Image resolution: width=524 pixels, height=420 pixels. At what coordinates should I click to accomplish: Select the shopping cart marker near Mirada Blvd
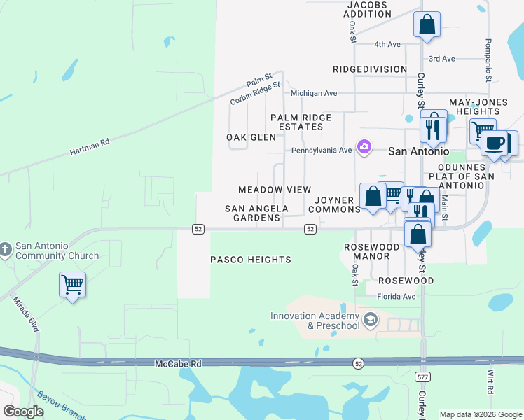73,285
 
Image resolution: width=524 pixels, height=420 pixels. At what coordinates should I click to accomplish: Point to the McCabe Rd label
177,364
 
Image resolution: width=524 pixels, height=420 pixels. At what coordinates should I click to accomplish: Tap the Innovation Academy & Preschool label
315,321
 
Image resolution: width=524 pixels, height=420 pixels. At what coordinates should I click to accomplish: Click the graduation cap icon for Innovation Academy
371,321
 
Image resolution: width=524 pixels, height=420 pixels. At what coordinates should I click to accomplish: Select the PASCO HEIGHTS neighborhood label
251,260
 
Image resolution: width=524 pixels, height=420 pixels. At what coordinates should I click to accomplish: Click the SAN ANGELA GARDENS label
256,213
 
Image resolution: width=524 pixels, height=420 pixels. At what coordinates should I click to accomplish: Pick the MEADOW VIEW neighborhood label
265,190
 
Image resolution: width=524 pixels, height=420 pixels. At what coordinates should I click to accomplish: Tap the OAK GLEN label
251,137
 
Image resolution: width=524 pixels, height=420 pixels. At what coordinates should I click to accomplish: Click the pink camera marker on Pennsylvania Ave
364,147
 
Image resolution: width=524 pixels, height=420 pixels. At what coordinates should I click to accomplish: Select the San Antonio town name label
418,150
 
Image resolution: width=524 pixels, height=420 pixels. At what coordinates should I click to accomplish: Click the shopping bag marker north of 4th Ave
427,25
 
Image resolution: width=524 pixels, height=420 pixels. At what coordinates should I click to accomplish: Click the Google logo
24,412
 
